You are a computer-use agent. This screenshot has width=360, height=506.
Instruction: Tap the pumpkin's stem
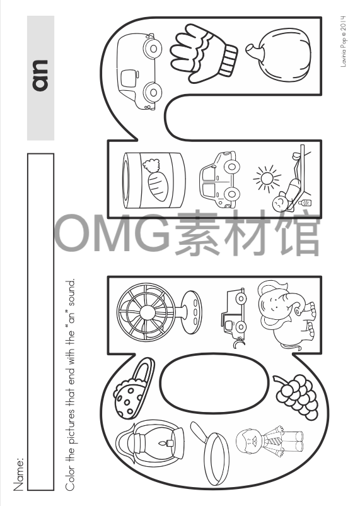(x=252, y=49)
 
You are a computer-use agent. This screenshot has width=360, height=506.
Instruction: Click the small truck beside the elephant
(x=231, y=310)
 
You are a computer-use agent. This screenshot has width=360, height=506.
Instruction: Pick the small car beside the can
(x=218, y=179)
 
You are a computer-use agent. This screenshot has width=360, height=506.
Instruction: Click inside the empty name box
(x=40, y=322)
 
